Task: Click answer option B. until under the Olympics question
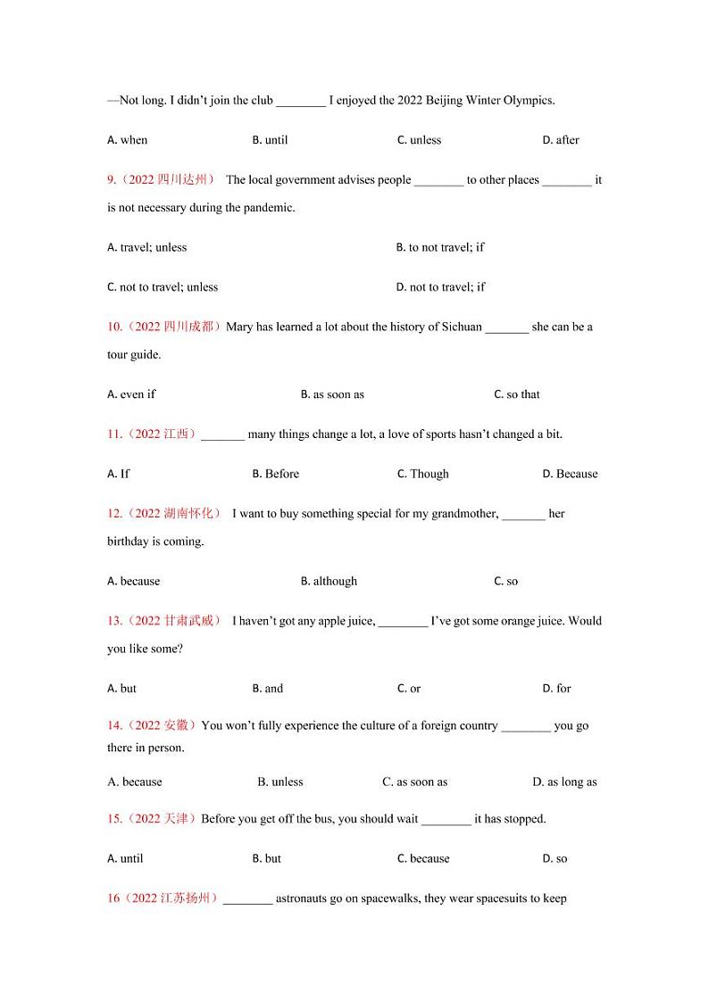point(270,140)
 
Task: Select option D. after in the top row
point(560,140)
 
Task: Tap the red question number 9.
point(112,179)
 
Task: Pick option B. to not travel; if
point(439,247)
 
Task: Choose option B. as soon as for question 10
point(332,394)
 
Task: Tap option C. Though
point(422,474)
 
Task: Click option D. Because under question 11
point(570,474)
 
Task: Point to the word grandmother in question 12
point(464,514)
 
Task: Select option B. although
point(329,581)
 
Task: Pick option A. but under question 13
point(121,689)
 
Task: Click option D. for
point(556,689)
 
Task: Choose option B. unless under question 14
point(279,782)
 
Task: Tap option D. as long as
point(564,782)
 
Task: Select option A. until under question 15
point(125,859)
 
